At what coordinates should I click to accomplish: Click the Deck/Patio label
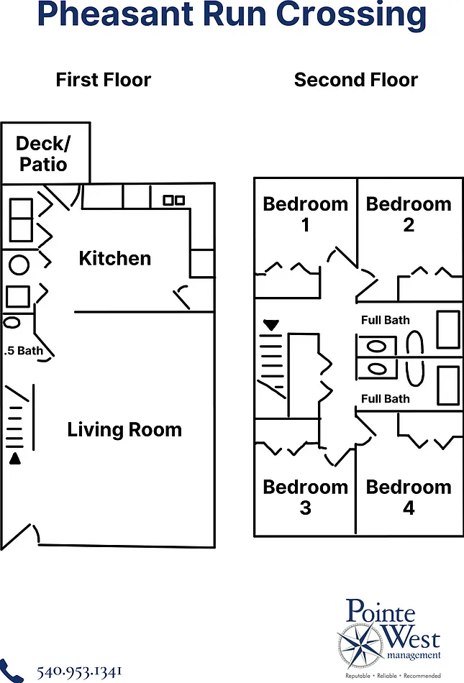click(43, 154)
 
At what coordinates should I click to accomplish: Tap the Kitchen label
click(115, 258)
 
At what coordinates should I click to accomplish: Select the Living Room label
click(124, 429)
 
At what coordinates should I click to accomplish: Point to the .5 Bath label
click(24, 351)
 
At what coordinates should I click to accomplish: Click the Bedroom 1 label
click(306, 214)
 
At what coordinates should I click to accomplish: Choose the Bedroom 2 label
click(409, 214)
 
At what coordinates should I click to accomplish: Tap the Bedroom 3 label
click(306, 497)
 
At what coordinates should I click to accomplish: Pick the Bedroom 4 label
click(409, 497)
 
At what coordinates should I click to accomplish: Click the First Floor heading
click(104, 80)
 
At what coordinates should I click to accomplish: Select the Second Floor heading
click(356, 80)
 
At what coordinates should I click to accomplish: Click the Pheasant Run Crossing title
click(232, 15)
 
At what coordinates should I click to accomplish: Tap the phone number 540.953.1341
click(79, 671)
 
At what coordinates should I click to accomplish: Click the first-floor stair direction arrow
click(15, 459)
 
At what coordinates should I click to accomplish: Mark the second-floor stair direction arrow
click(271, 325)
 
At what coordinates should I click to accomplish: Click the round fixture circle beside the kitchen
click(19, 265)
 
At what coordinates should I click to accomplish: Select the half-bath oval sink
click(12, 322)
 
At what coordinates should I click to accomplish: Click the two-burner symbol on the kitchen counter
click(174, 200)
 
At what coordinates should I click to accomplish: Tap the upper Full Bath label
click(386, 320)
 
